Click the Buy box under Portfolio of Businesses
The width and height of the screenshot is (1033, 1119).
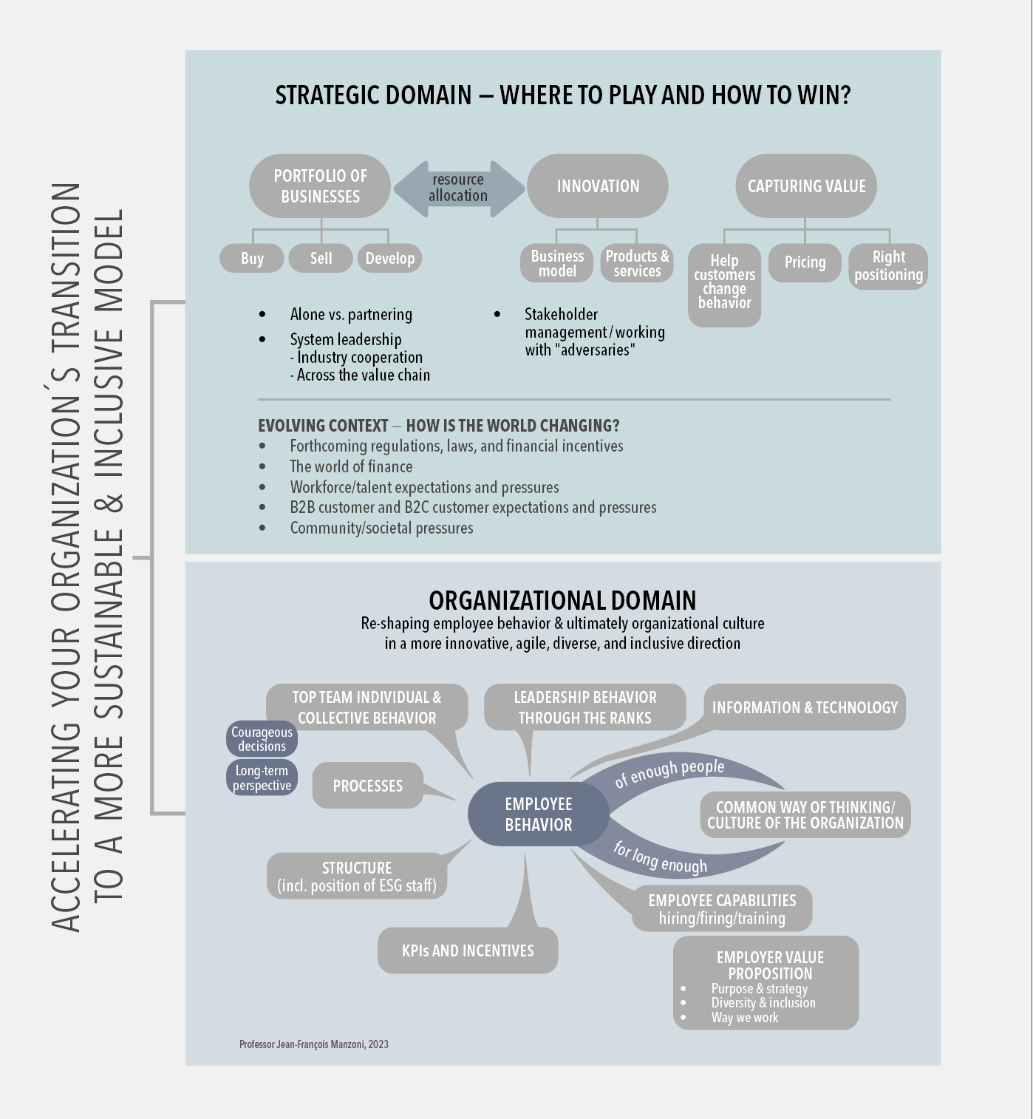252,259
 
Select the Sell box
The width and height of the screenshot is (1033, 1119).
321,259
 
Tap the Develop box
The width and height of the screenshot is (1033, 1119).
389,259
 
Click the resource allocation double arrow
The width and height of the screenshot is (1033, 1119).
458,188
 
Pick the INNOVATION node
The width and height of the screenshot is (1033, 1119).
598,186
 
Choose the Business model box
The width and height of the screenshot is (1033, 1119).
557,264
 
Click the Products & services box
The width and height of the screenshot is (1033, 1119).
637,264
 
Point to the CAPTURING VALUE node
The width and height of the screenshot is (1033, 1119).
806,186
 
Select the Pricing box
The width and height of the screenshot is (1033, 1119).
805,262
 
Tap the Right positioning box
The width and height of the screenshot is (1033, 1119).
888,266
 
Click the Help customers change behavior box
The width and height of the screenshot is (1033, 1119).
724,285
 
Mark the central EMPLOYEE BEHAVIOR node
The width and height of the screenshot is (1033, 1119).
539,814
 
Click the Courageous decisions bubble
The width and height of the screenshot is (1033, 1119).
262,739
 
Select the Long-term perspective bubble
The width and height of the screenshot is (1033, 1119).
262,778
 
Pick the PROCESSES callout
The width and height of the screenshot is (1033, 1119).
368,786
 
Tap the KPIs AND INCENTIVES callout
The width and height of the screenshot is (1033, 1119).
468,951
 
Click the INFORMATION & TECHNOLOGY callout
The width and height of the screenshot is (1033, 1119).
805,707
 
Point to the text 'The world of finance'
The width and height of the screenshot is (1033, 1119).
351,467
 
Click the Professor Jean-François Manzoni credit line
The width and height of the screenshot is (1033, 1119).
314,1044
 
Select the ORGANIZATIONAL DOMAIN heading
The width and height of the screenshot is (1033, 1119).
562,600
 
